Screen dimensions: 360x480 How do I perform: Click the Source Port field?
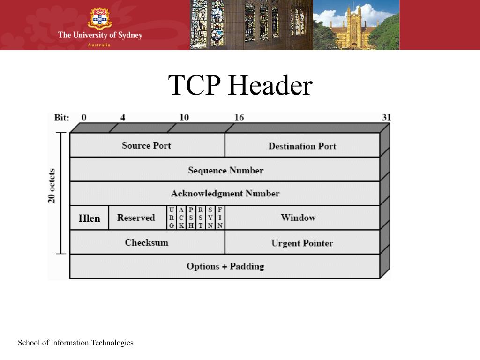click(147, 145)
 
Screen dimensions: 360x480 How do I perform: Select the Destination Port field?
click(302, 146)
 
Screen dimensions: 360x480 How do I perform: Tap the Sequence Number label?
click(225, 170)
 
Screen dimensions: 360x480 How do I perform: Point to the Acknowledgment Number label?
click(225, 193)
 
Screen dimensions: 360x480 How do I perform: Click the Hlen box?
click(89, 218)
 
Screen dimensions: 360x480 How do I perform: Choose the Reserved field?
click(136, 217)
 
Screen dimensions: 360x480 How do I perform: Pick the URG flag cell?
click(172, 218)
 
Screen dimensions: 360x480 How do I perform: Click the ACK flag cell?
click(181, 218)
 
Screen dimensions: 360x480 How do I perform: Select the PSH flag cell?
click(191, 218)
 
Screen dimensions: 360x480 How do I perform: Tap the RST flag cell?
click(201, 218)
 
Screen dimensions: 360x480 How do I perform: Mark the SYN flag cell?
click(210, 218)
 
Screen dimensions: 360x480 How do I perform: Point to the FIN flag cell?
click(220, 218)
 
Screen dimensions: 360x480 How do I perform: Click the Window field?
click(298, 217)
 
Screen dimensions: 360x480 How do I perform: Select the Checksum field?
click(147, 242)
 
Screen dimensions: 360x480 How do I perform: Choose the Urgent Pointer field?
click(302, 243)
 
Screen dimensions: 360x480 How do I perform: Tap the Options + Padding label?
click(225, 266)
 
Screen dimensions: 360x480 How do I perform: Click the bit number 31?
click(386, 117)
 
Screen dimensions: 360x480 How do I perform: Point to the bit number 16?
click(239, 117)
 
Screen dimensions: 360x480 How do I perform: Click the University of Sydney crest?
click(99, 18)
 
